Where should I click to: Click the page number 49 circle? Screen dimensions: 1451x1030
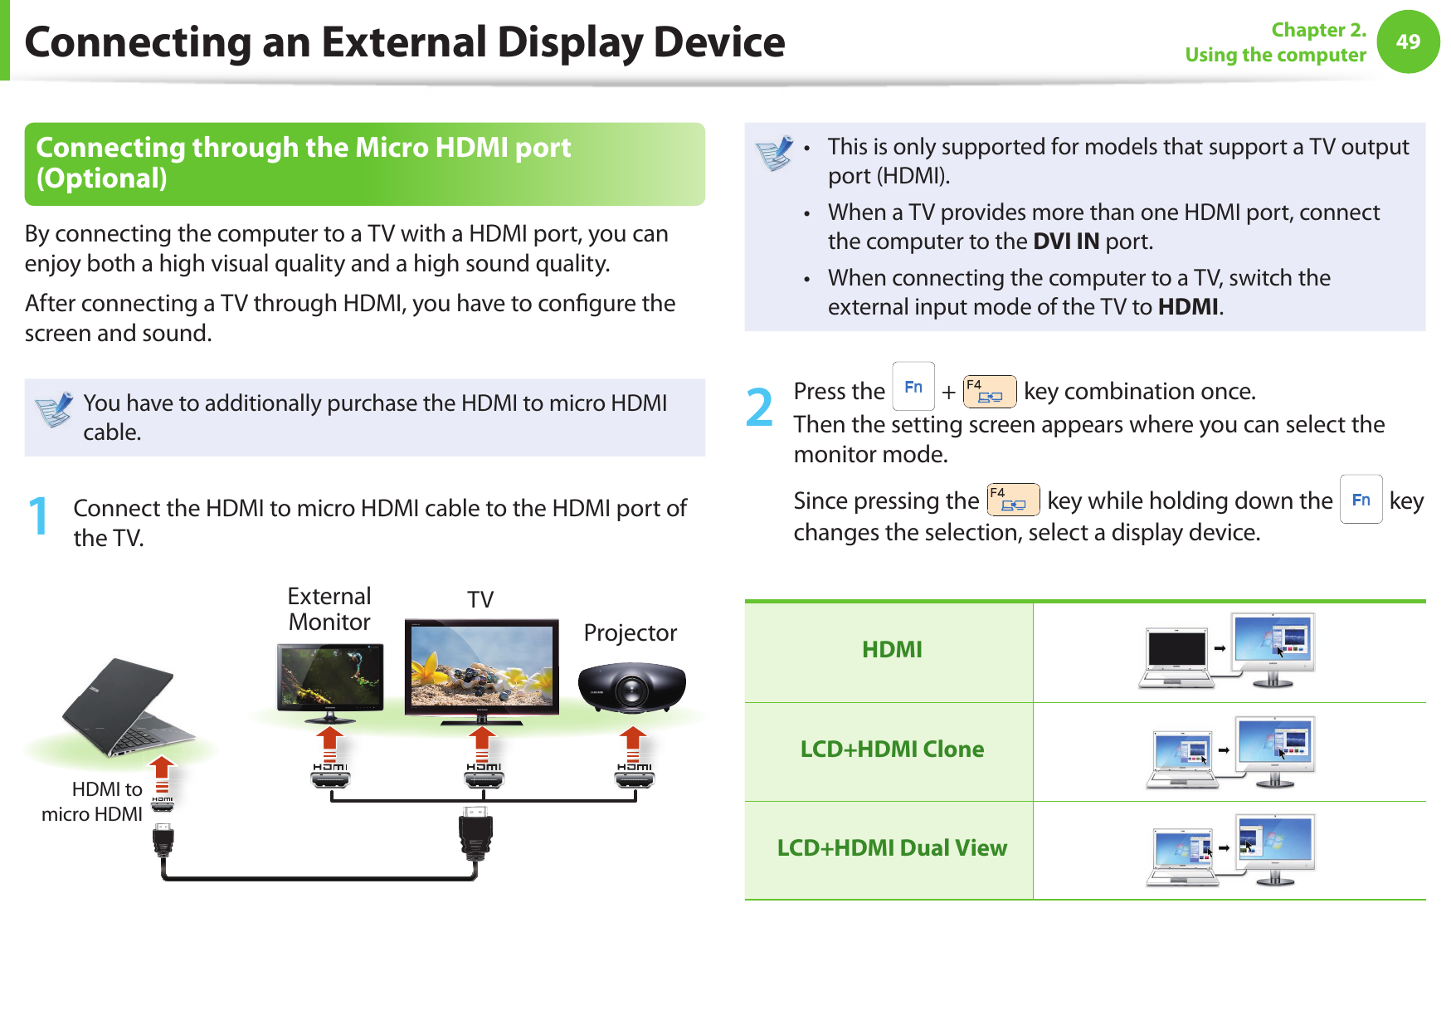click(1408, 41)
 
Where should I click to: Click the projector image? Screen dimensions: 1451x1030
click(631, 687)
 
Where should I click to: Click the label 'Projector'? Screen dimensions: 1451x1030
click(630, 633)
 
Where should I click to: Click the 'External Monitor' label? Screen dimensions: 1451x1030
click(329, 609)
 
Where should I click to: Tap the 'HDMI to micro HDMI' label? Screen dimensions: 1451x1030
click(92, 801)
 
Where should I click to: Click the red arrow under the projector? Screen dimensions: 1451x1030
click(633, 744)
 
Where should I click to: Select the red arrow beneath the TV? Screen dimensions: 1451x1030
click(482, 744)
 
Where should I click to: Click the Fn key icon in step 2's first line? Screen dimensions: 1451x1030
click(913, 387)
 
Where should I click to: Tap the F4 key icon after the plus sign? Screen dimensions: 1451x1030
click(990, 391)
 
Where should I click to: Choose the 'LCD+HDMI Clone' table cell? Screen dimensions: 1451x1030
click(892, 749)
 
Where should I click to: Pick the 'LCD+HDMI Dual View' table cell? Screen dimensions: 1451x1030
click(892, 848)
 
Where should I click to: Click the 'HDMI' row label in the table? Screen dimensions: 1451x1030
click(892, 650)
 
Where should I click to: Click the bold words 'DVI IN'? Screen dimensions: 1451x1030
click(1066, 242)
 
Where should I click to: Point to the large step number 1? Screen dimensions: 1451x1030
click(38, 516)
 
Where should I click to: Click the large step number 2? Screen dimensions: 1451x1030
click(759, 408)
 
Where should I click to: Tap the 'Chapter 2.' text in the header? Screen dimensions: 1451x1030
click(1318, 30)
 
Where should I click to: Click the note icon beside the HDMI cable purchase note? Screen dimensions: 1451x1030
click(55, 410)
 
